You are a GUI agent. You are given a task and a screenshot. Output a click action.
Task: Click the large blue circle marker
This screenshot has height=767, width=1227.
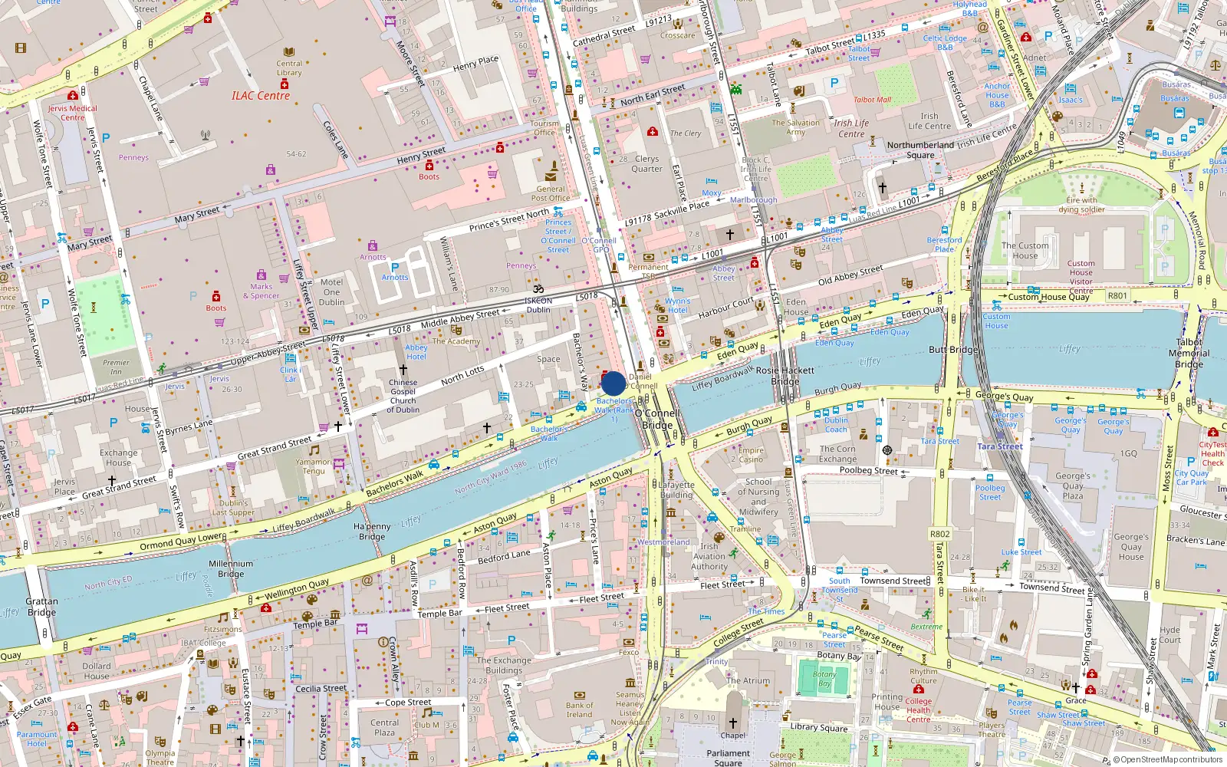coord(613,383)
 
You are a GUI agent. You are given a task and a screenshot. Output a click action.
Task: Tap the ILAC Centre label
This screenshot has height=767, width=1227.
coord(261,96)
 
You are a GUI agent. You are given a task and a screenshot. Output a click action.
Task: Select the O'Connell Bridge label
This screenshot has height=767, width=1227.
coord(657,419)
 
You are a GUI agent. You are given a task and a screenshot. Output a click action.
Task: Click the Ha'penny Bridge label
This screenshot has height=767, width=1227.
coord(372,532)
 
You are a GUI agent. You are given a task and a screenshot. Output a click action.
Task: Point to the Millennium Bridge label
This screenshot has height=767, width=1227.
coord(231,568)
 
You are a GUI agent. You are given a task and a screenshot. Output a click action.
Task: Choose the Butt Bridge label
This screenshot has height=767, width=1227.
coord(953,350)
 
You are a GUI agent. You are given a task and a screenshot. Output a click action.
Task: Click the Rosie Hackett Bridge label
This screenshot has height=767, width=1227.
coord(785,375)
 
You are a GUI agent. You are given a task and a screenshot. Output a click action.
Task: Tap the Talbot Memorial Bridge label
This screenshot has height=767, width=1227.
coord(1189,353)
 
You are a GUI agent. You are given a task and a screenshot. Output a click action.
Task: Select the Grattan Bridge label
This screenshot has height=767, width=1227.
coord(41,607)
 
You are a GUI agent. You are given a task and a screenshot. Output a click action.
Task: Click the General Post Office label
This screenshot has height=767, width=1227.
coord(551,193)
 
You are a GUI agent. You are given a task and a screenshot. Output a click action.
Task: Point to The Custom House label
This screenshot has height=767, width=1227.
coord(1025,251)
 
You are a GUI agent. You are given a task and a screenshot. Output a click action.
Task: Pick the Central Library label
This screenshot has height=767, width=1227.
coord(289,68)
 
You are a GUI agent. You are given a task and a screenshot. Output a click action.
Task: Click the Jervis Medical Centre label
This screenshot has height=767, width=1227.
coord(73,113)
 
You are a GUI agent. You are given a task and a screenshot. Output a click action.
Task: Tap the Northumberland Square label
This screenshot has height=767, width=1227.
coord(920,150)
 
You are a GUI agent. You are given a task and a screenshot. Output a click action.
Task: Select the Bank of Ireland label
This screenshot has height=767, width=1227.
coord(579,709)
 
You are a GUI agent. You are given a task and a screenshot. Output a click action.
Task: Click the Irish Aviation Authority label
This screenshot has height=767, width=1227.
coord(709,557)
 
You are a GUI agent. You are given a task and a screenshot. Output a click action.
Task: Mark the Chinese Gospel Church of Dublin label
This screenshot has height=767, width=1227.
coord(403,396)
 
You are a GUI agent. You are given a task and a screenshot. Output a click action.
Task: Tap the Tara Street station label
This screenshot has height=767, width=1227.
coord(1000,446)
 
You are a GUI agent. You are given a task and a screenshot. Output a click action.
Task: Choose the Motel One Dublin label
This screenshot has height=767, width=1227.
coord(331,291)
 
